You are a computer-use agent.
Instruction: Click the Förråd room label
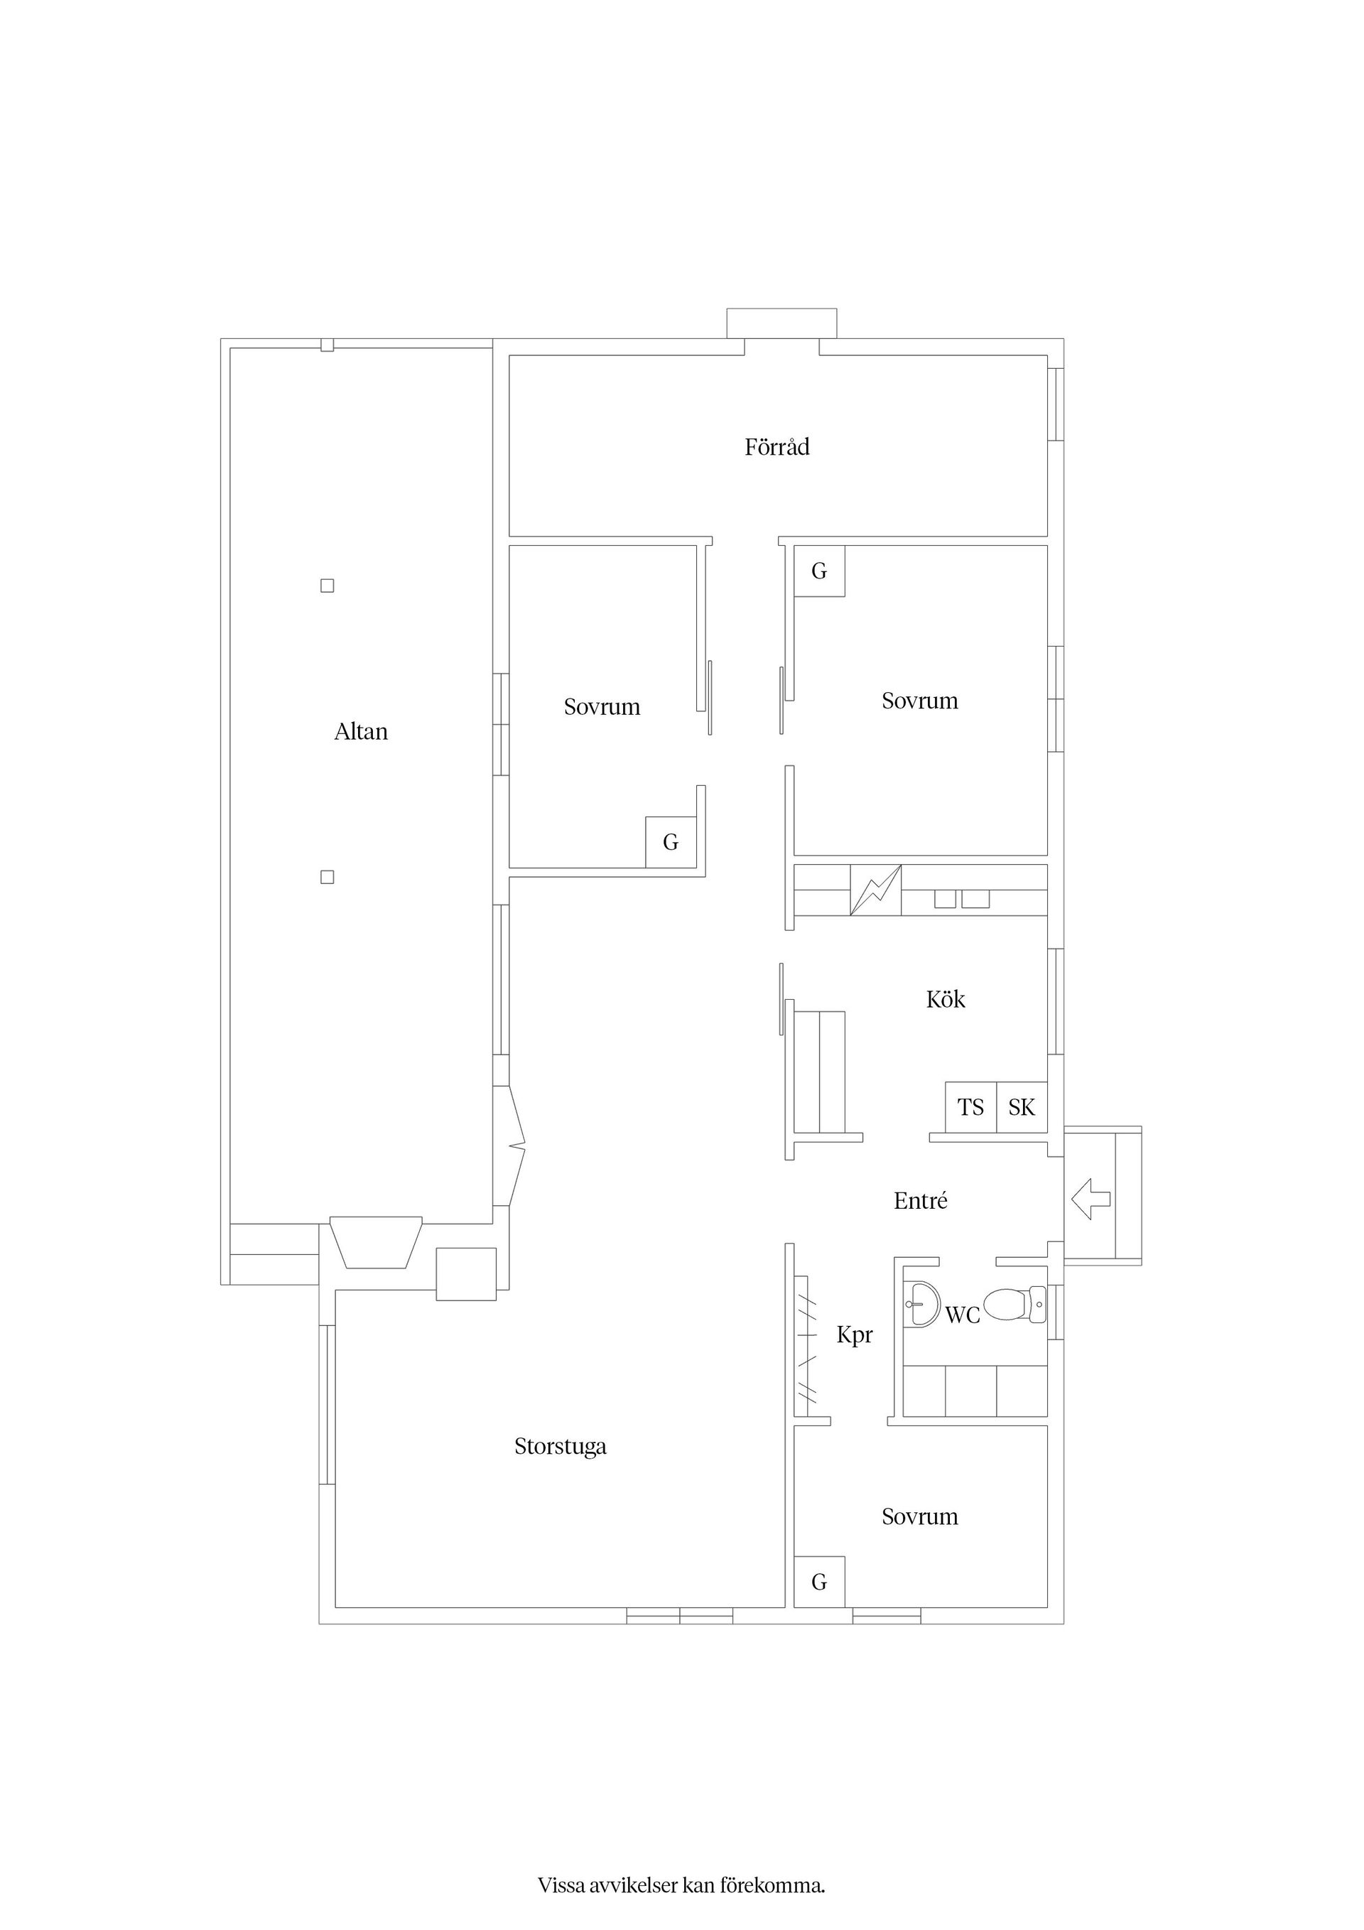(776, 447)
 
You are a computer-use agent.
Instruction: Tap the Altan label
(362, 731)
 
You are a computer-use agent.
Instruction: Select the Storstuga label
(561, 1447)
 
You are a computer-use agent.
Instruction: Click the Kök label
(946, 998)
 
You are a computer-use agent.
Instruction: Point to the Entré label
(920, 1200)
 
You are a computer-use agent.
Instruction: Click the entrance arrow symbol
(1092, 1199)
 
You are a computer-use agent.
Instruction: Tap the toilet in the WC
(1015, 1305)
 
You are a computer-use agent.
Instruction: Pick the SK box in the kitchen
(1022, 1107)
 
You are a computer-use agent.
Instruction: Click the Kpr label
(855, 1335)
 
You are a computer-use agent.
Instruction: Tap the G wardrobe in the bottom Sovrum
(819, 1582)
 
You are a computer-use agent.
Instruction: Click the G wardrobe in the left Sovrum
(671, 841)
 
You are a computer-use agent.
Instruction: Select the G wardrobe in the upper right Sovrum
(819, 571)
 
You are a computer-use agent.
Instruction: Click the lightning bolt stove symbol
(876, 890)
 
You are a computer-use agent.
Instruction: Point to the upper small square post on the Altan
(328, 586)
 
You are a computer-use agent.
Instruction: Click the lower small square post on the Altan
(328, 877)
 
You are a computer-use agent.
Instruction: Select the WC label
(963, 1315)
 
